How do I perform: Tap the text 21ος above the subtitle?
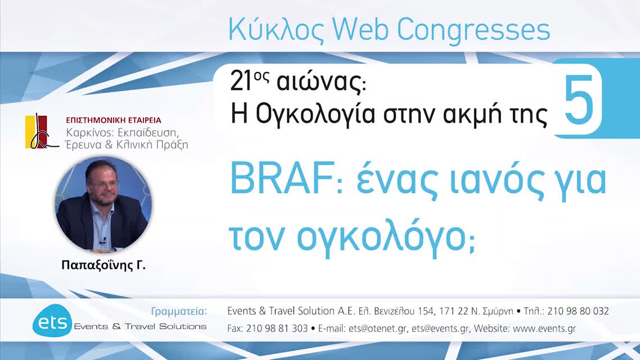click(x=247, y=83)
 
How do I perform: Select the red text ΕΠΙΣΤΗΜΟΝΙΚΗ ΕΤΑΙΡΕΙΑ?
click(x=114, y=120)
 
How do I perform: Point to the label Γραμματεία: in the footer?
click(x=179, y=311)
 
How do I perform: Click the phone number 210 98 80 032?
click(x=578, y=311)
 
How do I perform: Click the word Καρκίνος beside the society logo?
click(x=87, y=133)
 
